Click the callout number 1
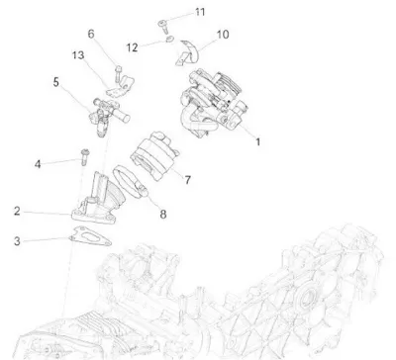coord(258,142)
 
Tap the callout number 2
coord(17,211)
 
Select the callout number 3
coord(17,241)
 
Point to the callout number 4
coord(38,164)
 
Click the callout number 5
coord(56,82)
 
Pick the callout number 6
coord(91,34)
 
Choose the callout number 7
coord(187,180)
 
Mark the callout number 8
coord(163,215)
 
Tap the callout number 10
coord(223,35)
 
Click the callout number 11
coord(200,12)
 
